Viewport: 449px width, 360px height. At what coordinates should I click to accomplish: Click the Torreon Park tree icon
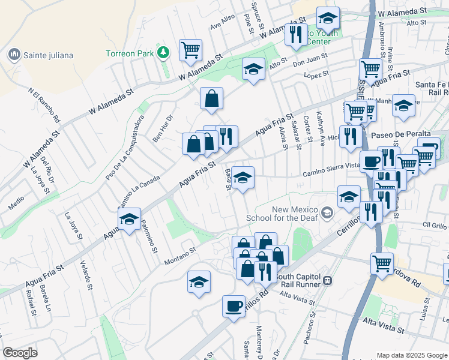(x=162, y=53)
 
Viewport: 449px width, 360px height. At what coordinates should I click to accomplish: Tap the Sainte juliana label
(x=48, y=56)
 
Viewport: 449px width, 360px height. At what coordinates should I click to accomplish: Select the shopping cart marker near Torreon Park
(x=190, y=50)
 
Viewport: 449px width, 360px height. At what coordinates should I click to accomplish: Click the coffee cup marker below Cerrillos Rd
(x=234, y=306)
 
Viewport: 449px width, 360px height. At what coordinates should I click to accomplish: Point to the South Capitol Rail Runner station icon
(x=328, y=280)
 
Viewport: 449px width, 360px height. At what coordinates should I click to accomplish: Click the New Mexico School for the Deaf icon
(x=327, y=213)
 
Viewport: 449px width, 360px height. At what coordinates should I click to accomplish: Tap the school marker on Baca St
(x=243, y=178)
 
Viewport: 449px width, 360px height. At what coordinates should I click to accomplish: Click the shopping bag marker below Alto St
(x=212, y=98)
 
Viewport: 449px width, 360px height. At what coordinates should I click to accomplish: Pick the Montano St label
(x=181, y=256)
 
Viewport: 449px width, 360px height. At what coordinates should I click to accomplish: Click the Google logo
(x=20, y=353)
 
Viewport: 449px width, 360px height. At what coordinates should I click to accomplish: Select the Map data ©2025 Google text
(x=411, y=355)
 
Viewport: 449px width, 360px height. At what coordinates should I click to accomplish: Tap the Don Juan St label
(x=310, y=60)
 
